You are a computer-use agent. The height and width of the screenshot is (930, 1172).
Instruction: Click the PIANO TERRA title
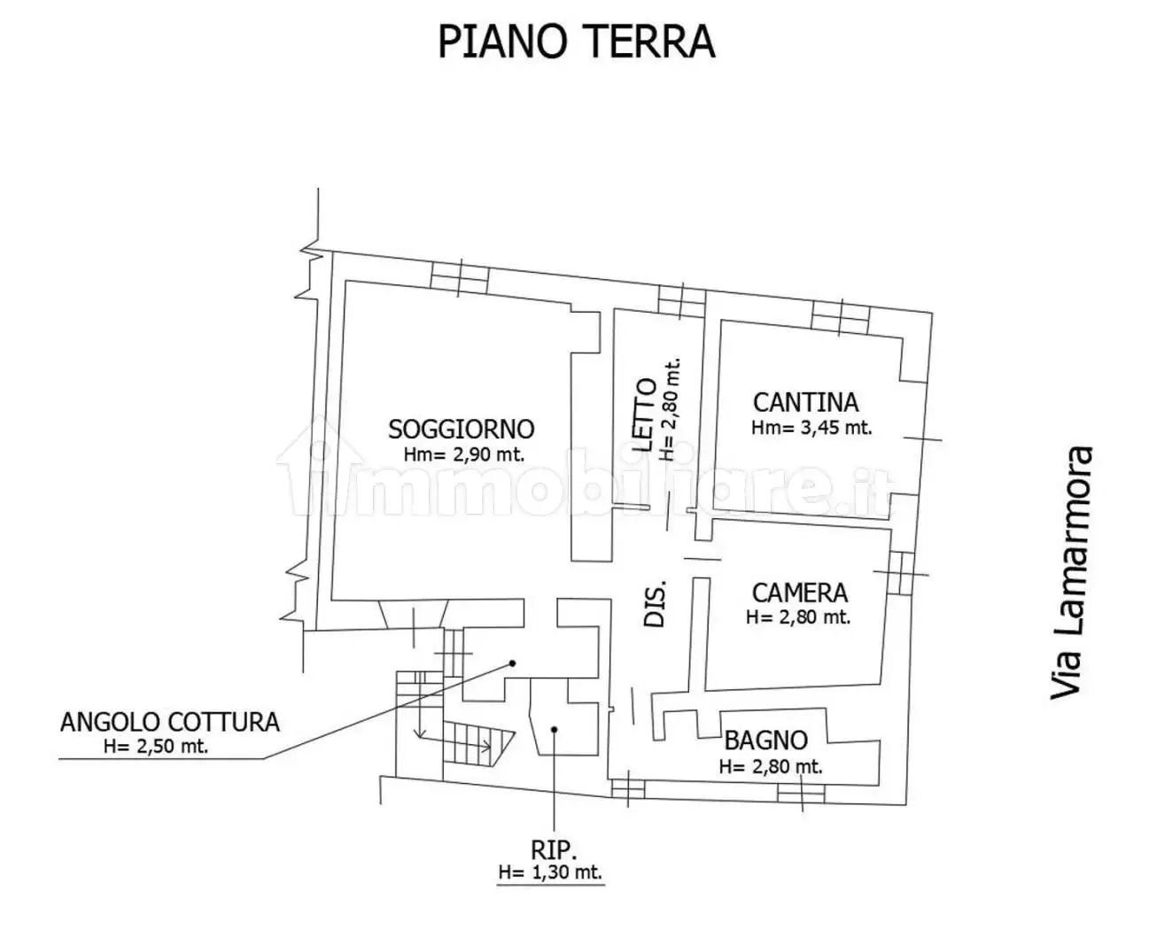pos(577,41)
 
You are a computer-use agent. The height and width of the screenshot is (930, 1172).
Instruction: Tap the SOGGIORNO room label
pos(461,430)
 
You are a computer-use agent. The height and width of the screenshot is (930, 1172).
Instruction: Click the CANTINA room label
pos(805,402)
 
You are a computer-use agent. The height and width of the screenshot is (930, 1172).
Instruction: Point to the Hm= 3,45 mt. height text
pos(811,428)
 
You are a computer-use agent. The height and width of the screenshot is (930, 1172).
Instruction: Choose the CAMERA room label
pos(799,593)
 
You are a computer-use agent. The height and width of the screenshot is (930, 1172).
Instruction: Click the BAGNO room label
pos(765,740)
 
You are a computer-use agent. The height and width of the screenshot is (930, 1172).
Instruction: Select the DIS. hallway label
pos(654,605)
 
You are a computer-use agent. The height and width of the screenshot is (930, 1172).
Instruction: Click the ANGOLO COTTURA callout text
pos(169,722)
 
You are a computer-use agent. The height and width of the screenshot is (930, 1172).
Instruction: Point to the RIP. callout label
pos(554,850)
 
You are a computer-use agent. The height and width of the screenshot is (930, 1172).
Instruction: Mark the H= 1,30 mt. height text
pos(550,872)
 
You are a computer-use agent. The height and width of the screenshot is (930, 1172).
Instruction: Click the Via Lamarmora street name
pos(1073,573)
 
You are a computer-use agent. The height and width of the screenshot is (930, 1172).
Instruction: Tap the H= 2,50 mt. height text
pos(156,746)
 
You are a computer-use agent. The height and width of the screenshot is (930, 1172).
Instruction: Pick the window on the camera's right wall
pos(900,573)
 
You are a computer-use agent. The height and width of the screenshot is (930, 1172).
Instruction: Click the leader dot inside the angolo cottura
pos(511,663)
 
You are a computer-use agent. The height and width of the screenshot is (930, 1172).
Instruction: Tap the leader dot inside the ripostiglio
pos(554,730)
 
